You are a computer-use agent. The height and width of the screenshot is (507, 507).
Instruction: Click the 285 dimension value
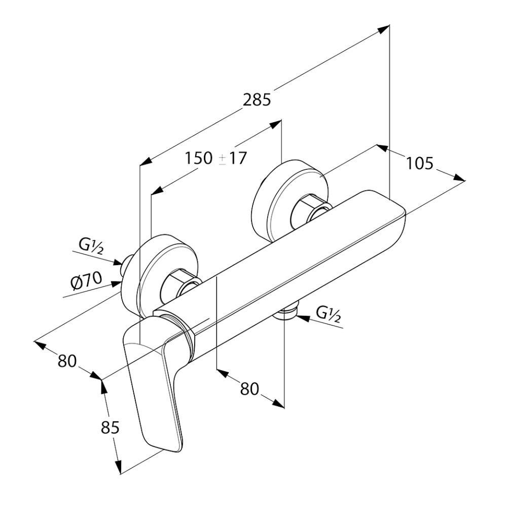(x=257, y=100)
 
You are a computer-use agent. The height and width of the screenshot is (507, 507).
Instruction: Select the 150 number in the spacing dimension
(x=199, y=158)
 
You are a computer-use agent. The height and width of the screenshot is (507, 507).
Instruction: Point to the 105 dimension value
(x=419, y=163)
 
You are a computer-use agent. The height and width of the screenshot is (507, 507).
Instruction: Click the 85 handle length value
(x=110, y=427)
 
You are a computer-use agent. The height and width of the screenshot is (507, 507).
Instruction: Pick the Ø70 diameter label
(x=86, y=281)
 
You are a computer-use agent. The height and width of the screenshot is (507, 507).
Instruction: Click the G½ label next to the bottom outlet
(x=328, y=314)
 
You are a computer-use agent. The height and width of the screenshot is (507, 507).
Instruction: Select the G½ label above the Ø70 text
(x=91, y=246)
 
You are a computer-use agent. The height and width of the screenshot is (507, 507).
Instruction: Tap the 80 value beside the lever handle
(x=67, y=361)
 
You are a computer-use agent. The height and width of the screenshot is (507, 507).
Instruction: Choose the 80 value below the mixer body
(x=249, y=389)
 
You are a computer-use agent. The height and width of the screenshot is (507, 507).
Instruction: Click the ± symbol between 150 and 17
(x=223, y=159)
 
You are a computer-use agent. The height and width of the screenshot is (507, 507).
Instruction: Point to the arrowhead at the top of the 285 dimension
(x=384, y=29)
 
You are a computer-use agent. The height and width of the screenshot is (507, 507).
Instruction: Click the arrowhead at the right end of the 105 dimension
(x=459, y=178)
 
